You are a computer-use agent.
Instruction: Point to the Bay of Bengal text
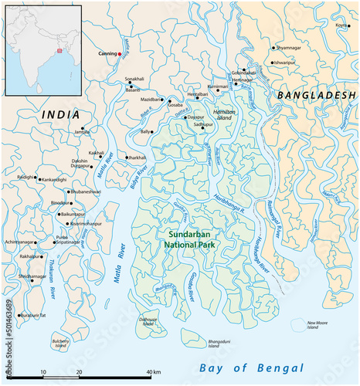251,367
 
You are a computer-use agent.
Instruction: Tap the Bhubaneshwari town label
90,191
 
